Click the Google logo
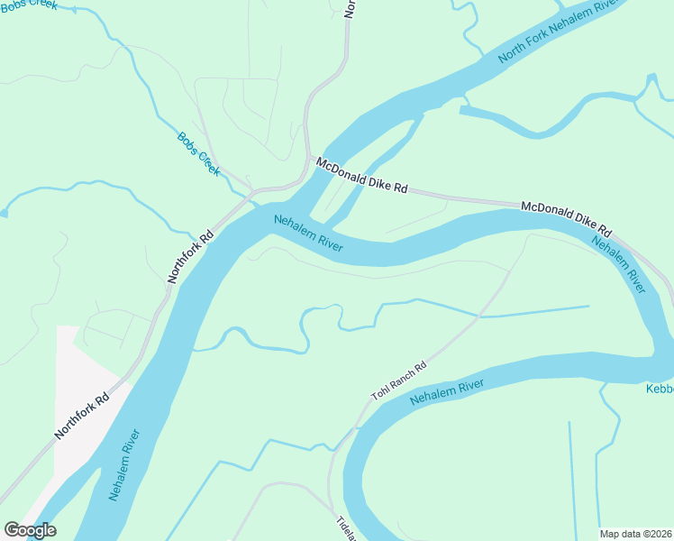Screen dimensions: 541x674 point(30,529)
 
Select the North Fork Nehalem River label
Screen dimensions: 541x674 point(559,32)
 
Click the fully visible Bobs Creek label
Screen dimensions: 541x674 point(198,154)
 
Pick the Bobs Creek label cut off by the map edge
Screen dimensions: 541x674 point(29,5)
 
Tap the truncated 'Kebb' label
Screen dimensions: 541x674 point(660,389)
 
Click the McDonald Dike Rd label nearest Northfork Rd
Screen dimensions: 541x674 point(362,176)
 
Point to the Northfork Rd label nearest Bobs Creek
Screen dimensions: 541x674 point(190,257)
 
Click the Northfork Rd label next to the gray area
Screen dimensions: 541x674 point(82,415)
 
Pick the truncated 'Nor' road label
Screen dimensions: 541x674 point(350,8)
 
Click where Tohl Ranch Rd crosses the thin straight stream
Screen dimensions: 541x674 point(478,316)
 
